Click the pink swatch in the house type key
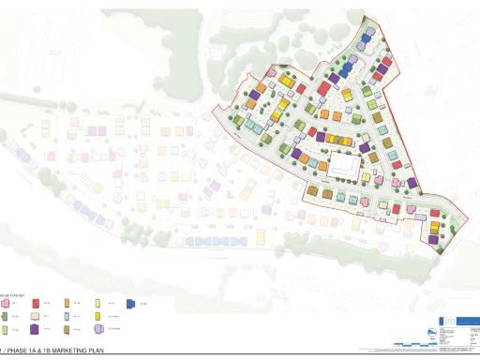[x=5, y=304]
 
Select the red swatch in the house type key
[x=36, y=304]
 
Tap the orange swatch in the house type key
[x=67, y=303]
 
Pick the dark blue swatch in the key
[x=130, y=304]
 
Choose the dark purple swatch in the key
[x=35, y=329]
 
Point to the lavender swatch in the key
[x=98, y=329]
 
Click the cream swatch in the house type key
[x=35, y=316]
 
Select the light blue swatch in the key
[x=67, y=316]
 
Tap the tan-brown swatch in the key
[x=67, y=329]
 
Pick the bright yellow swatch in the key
[x=97, y=316]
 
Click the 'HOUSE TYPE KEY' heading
[x=13, y=296]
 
